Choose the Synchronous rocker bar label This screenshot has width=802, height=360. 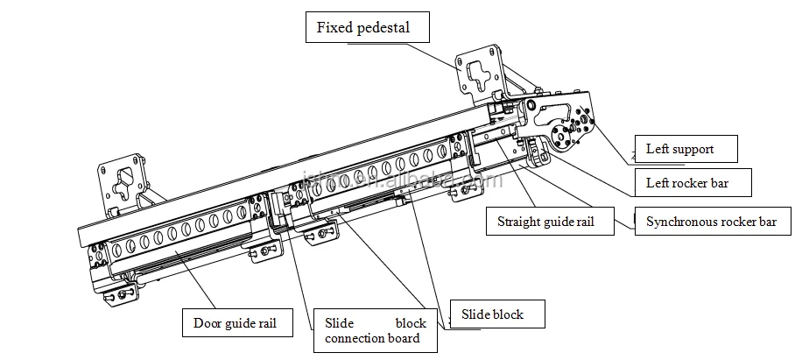(x=710, y=222)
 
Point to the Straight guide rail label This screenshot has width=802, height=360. (x=546, y=222)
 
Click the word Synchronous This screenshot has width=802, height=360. (x=679, y=222)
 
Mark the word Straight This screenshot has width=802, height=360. (x=518, y=222)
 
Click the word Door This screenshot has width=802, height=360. (x=207, y=323)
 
